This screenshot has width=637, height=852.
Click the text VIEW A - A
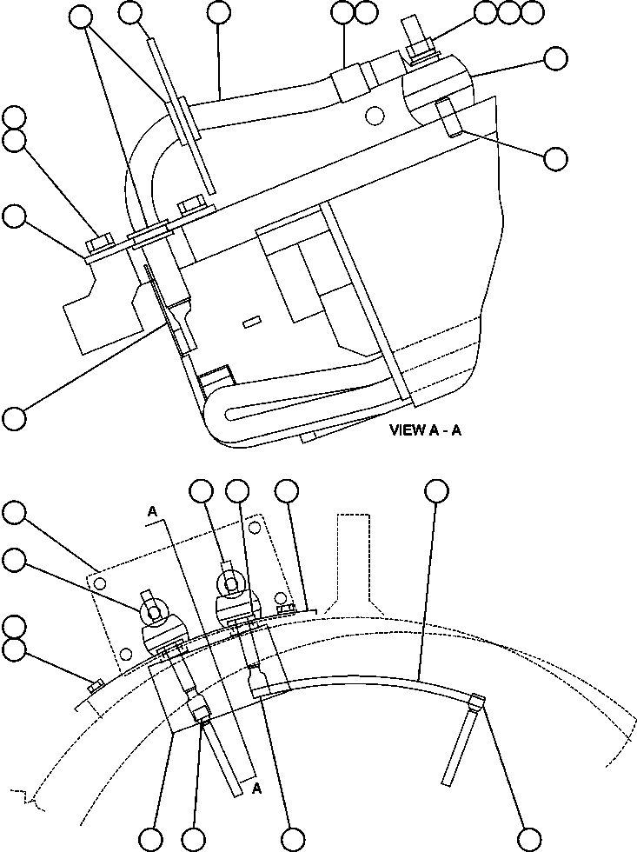(x=426, y=430)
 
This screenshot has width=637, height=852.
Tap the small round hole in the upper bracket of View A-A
(x=375, y=115)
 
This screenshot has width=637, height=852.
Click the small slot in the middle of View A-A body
(x=252, y=323)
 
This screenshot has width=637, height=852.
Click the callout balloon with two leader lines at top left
(x=81, y=13)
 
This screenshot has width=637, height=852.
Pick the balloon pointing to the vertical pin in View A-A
(x=555, y=158)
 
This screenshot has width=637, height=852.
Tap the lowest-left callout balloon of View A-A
(x=13, y=417)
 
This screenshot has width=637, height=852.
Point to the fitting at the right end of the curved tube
(x=475, y=702)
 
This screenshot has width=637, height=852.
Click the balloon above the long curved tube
(x=438, y=491)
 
